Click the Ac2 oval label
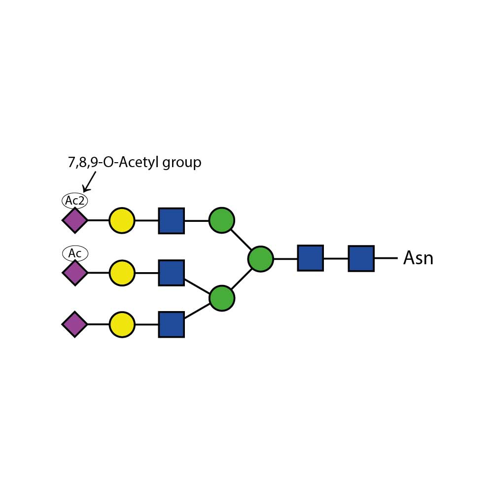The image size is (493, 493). (x=75, y=201)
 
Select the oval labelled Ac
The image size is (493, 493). (x=75, y=253)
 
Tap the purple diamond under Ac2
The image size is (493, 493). (x=75, y=220)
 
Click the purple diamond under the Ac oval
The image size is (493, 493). (x=75, y=273)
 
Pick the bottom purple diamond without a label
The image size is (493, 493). (x=75, y=324)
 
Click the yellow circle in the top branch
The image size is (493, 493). (x=122, y=220)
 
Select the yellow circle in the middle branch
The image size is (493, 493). (x=122, y=273)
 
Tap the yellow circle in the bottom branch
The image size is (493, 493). (x=122, y=324)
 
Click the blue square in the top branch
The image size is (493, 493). (x=171, y=220)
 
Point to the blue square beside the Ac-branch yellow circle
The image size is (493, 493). (x=171, y=273)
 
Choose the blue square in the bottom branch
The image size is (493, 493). (x=171, y=324)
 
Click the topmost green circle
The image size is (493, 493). (x=221, y=220)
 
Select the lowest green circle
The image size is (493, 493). (x=221, y=298)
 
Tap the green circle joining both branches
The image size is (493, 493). (x=260, y=259)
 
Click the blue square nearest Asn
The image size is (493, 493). (x=361, y=258)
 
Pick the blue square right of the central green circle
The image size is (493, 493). (x=310, y=258)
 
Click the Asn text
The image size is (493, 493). (x=418, y=258)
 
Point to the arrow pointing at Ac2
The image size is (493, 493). (x=89, y=181)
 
